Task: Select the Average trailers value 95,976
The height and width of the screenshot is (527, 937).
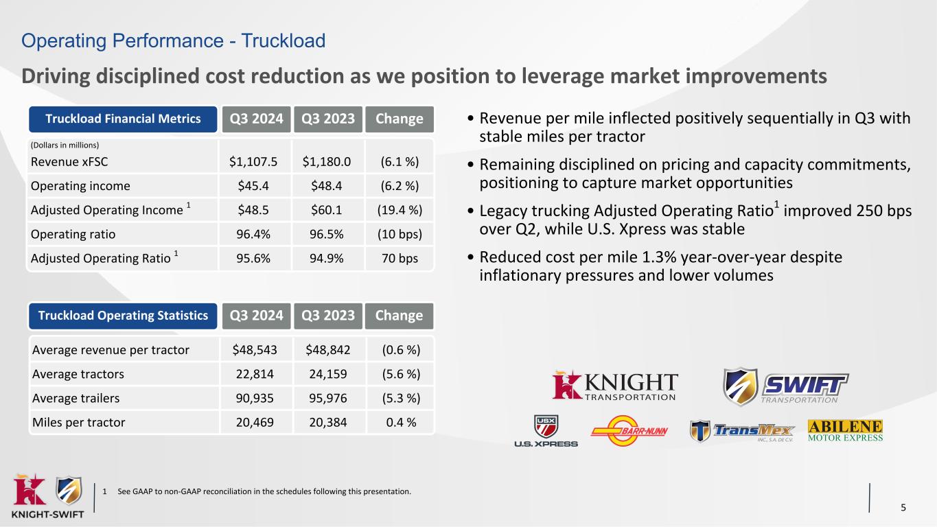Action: click(326, 399)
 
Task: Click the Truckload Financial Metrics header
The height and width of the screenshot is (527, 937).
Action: click(123, 119)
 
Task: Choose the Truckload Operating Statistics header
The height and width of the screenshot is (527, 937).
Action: click(123, 316)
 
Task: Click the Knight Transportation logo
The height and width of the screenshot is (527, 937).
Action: click(616, 386)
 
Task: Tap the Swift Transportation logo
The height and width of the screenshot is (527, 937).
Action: click(785, 386)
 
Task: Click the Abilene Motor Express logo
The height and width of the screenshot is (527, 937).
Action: click(846, 431)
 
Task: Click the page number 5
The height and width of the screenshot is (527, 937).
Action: click(903, 508)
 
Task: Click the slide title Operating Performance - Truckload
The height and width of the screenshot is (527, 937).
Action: click(173, 41)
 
